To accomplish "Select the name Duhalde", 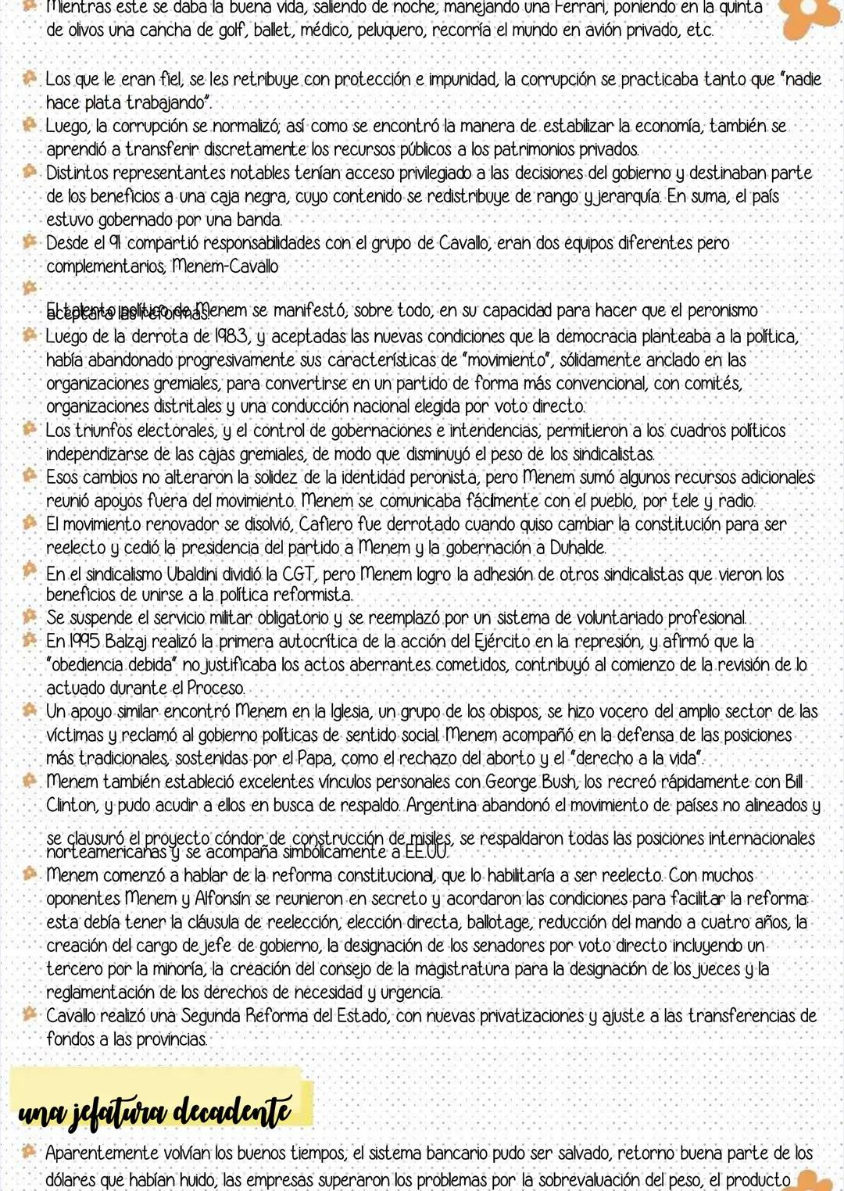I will point(577,548).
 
